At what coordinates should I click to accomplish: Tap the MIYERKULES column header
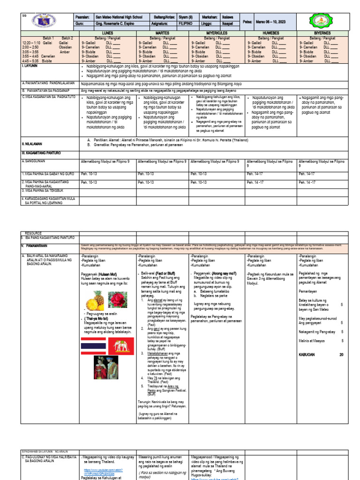coord(217,33)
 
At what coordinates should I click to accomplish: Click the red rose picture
coord(118,300)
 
